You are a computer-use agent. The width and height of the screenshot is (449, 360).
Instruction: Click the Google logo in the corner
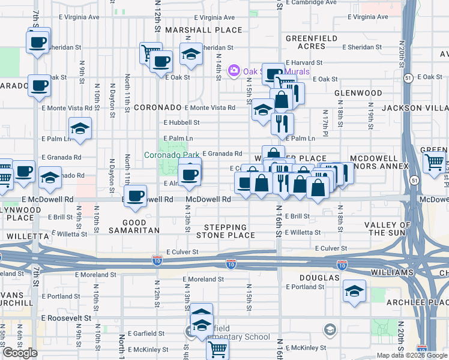tap(20, 353)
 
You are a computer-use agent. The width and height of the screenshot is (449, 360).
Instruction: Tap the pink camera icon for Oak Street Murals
tap(234, 71)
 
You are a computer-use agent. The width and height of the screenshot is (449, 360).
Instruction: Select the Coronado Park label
tap(172, 155)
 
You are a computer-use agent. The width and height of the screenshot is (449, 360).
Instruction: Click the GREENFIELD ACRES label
tap(309, 42)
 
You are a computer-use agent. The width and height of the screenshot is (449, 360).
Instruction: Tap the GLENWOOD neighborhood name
tap(358, 94)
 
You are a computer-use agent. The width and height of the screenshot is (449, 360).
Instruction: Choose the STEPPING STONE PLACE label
tap(225, 231)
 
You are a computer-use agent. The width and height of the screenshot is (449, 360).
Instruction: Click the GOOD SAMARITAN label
tap(133, 226)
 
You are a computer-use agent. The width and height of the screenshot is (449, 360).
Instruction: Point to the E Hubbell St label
tap(181, 122)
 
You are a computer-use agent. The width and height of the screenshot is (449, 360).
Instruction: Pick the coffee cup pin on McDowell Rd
tap(137, 196)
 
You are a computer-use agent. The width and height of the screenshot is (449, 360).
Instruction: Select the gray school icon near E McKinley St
tap(329, 329)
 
